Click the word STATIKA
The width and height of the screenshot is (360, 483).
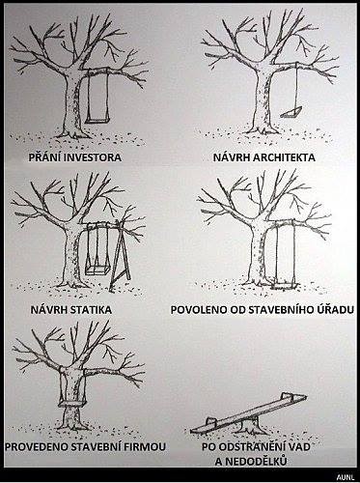coord(97,307)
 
